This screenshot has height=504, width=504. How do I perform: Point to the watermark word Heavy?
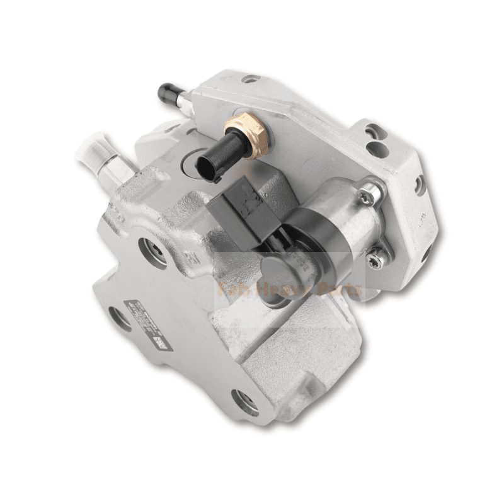click(282, 290)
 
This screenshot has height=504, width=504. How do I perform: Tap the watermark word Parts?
click(338, 290)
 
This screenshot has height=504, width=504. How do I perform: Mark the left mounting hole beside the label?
click(118, 318)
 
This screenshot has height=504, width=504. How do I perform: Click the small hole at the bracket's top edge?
click(251, 79)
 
